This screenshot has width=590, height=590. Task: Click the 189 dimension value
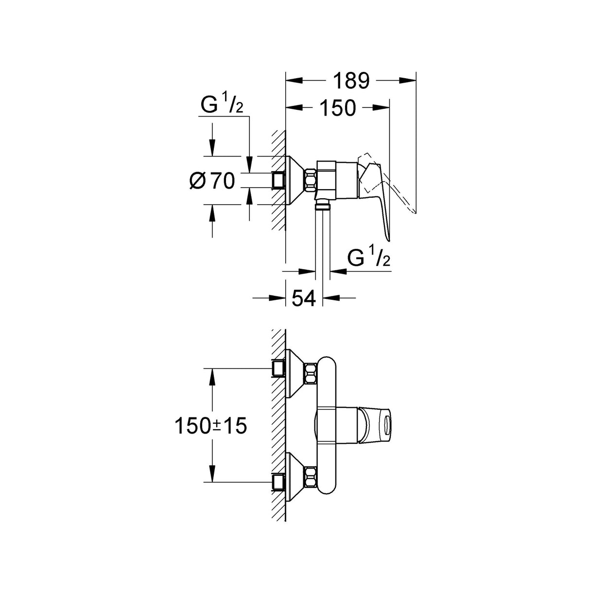pos(351,81)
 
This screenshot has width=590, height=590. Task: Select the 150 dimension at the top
pos(337,108)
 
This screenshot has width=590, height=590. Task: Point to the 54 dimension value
pos(304,297)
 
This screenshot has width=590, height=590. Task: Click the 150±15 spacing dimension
pos(210,426)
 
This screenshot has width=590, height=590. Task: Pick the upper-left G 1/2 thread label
pos(221,106)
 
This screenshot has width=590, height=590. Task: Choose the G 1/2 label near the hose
pos(369,259)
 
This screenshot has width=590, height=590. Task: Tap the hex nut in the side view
pos(310,180)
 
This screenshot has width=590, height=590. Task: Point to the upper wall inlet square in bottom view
pos(278,368)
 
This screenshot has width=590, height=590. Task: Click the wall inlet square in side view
pos(278,180)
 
